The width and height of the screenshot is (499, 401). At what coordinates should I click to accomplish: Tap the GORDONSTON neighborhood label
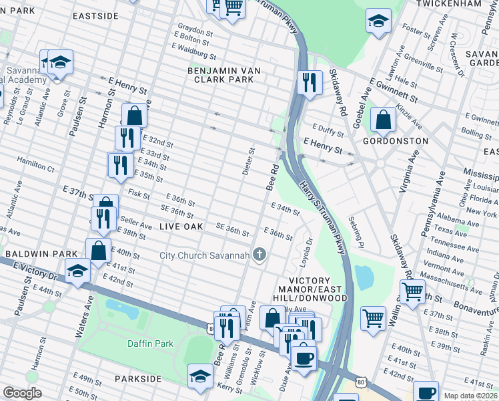pyautogui.click(x=404, y=141)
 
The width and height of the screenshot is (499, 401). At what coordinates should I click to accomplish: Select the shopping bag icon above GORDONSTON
pyautogui.click(x=384, y=121)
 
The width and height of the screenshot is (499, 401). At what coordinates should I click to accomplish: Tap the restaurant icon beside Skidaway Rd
pyautogui.click(x=308, y=83)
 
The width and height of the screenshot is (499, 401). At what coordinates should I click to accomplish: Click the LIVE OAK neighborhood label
pyautogui.click(x=181, y=227)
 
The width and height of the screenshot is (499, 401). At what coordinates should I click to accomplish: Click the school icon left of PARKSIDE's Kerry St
pyautogui.click(x=200, y=376)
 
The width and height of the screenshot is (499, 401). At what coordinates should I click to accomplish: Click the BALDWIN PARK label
pyautogui.click(x=33, y=255)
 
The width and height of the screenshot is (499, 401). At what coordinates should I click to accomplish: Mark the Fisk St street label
pyautogui.click(x=139, y=194)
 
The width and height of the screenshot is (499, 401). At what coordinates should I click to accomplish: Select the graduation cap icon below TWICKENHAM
pyautogui.click(x=378, y=21)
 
